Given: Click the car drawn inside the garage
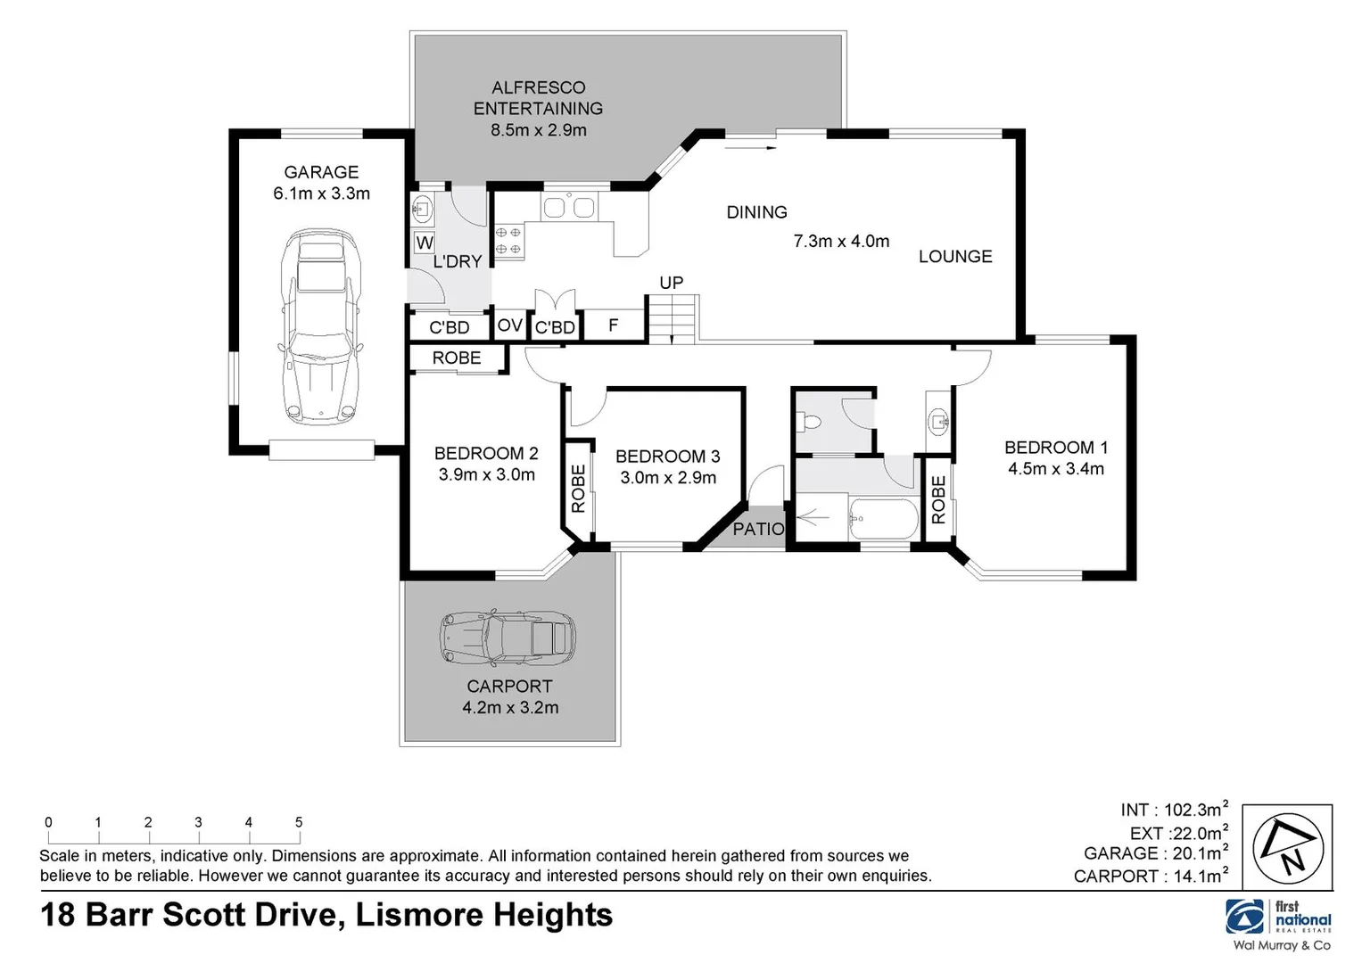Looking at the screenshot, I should click(x=320, y=325).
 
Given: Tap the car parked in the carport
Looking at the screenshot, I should click(x=507, y=638).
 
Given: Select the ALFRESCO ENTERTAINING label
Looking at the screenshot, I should click(x=538, y=98).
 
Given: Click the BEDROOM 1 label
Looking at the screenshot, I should click(x=1055, y=448).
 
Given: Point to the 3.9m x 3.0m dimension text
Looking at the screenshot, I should click(x=486, y=475).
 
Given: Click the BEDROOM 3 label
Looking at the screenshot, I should click(x=667, y=457).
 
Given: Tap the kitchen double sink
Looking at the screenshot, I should click(x=569, y=208).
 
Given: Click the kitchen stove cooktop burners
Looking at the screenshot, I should click(x=508, y=240).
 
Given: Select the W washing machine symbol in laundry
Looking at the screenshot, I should click(x=425, y=243).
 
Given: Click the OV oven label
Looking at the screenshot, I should click(x=509, y=325).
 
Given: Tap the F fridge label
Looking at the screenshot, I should click(x=613, y=325).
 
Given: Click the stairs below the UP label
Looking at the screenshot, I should click(x=671, y=319).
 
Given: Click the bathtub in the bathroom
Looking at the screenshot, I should click(x=883, y=518).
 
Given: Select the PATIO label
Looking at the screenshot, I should click(x=758, y=529).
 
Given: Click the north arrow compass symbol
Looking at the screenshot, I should click(x=1292, y=846).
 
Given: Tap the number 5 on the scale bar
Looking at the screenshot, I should click(x=299, y=822).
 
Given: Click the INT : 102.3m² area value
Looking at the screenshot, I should click(x=1174, y=810).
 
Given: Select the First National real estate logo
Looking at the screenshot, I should click(x=1279, y=918).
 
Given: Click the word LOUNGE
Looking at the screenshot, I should click(x=955, y=257).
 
